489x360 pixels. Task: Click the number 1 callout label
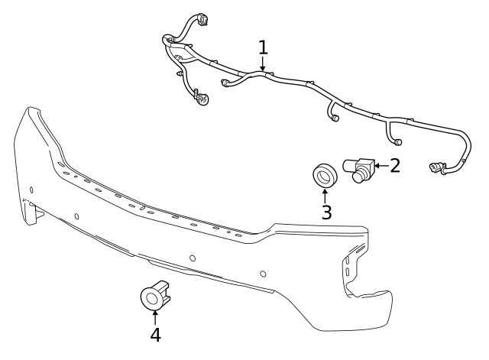point(263,47)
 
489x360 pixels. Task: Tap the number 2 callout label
point(395,165)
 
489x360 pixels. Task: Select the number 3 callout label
point(326,212)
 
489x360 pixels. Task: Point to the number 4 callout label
point(155,334)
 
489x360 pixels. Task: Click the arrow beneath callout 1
point(263,66)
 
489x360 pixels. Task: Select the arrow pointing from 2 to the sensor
point(380,165)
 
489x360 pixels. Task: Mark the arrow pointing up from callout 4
point(155,316)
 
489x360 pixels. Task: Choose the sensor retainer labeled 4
point(155,295)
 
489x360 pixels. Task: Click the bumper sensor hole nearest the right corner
point(263,274)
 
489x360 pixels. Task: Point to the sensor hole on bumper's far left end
point(31,190)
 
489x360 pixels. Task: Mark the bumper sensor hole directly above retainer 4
point(192,258)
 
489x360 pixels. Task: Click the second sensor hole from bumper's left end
point(76,216)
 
